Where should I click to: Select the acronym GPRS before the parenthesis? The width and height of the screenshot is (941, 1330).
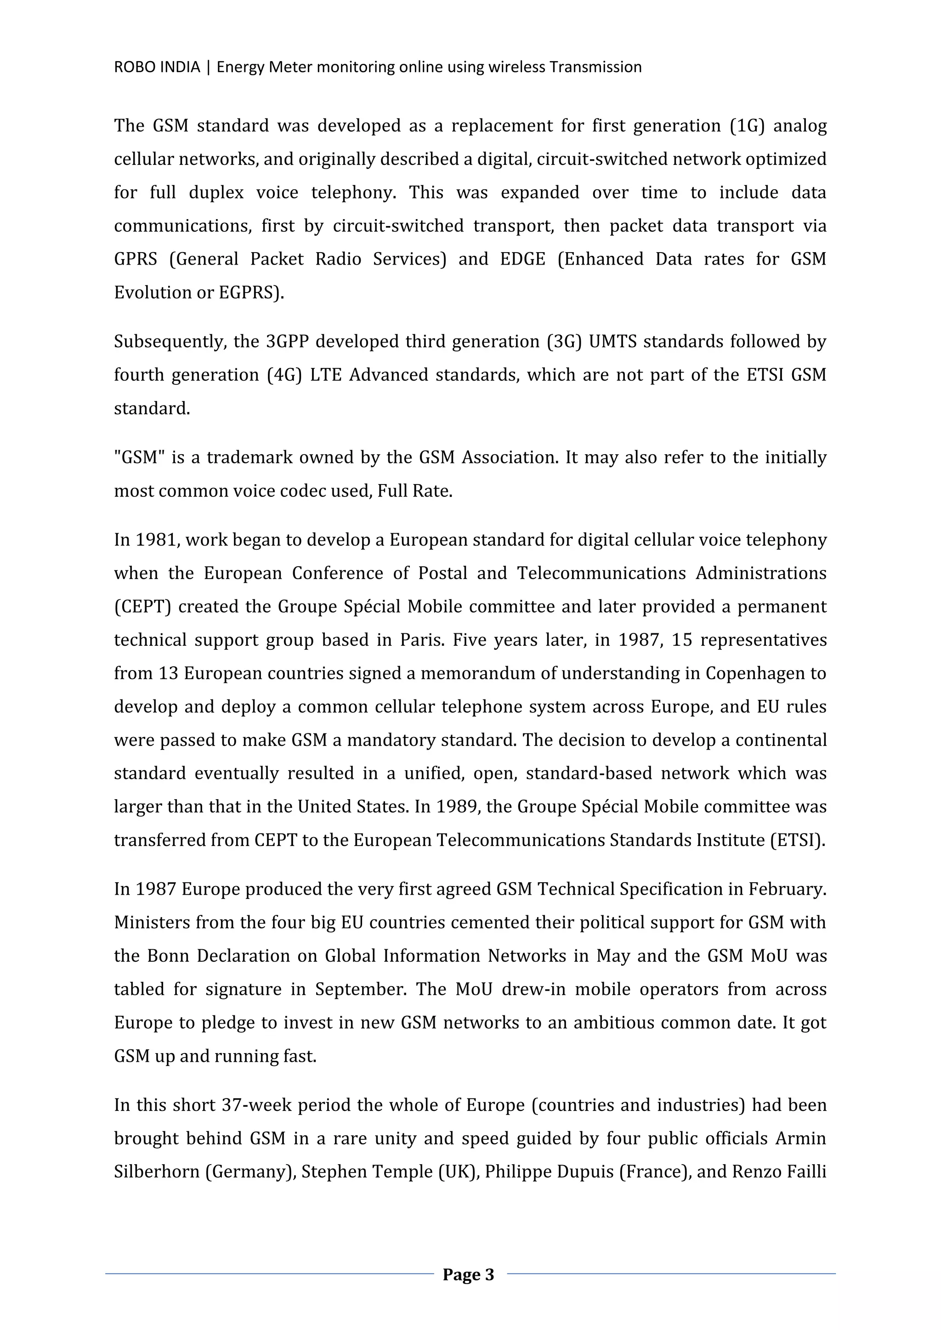pos(135,259)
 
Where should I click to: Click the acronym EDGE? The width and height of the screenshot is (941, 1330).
pos(522,259)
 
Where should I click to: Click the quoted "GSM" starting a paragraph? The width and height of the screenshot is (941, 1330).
pos(140,457)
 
